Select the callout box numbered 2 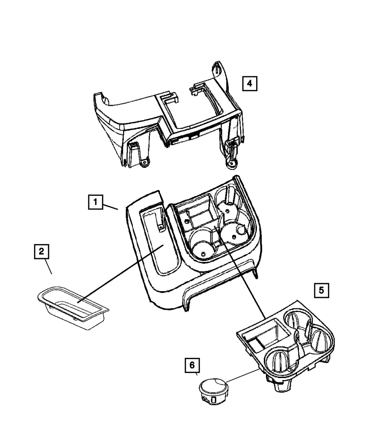(x=41, y=251)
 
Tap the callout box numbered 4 (x=249, y=83)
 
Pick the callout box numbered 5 (x=321, y=290)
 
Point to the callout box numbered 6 (x=192, y=365)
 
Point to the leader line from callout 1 (x=110, y=207)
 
